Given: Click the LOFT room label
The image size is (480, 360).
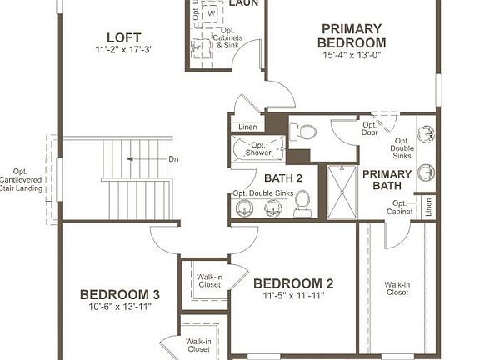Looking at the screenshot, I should point(123,37).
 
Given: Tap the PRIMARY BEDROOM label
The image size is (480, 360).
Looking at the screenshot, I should point(353,36).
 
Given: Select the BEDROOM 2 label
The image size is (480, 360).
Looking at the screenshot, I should point(293,282).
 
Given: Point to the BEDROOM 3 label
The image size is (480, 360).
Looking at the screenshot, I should point(119,294).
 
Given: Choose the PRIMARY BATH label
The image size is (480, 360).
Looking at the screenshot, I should point(387,179).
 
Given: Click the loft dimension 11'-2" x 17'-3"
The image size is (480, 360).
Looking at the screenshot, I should point(123,49).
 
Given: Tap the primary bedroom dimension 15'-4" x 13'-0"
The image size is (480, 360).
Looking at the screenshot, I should point(353,56).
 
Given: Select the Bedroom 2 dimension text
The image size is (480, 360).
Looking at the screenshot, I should point(293,295).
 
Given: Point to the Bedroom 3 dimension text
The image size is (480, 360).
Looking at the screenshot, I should point(119,307).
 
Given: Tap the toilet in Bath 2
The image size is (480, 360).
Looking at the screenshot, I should point(302,202).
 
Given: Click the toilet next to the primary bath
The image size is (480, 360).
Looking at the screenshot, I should point(305,131).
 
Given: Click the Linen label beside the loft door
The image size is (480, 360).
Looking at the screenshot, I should point(247,127).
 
